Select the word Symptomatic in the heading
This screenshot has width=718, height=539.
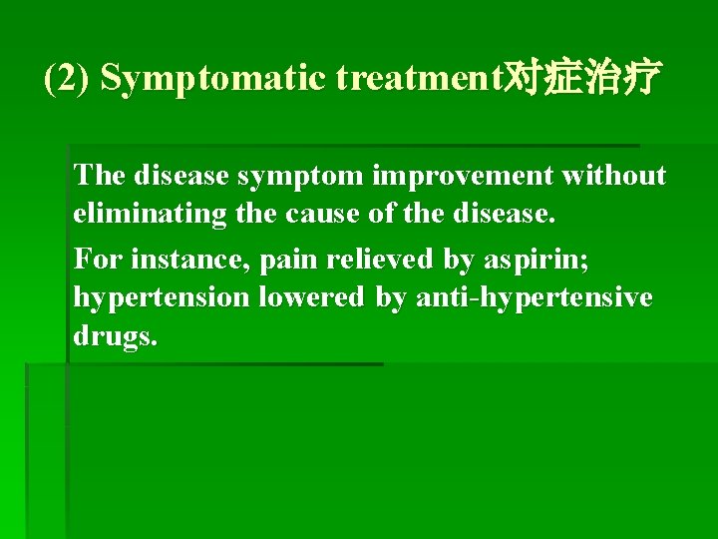pyautogui.click(x=213, y=79)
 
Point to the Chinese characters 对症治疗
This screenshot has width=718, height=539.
pyautogui.click(x=582, y=78)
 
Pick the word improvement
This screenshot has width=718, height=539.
pyautogui.click(x=465, y=176)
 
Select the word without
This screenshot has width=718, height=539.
pyautogui.click(x=614, y=176)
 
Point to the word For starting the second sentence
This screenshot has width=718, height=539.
pyautogui.click(x=96, y=259)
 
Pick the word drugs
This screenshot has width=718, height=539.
pyautogui.click(x=115, y=337)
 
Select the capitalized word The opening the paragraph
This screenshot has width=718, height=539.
pyautogui.click(x=99, y=176)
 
